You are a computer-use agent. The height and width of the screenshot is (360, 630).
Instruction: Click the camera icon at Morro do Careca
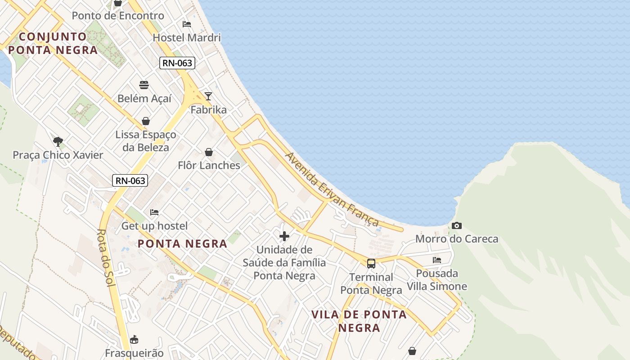[x=456, y=225]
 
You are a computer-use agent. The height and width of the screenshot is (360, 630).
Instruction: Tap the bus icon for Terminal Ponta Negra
[x=371, y=264]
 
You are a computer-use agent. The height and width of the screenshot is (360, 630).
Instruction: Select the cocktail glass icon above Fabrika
[x=208, y=96]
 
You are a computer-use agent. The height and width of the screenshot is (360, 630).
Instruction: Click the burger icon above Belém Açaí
[x=144, y=85]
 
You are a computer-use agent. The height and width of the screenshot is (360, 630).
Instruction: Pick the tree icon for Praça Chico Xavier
[x=58, y=142]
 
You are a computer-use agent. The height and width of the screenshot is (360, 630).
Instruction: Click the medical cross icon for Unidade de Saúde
[x=284, y=236]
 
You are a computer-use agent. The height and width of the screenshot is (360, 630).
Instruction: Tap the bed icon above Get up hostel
[x=154, y=212]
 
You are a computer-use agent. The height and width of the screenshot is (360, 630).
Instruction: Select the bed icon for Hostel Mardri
[x=187, y=24]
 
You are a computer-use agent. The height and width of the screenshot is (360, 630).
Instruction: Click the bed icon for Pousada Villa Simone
[x=436, y=260]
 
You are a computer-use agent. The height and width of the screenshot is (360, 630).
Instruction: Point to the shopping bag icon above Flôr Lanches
[x=209, y=152]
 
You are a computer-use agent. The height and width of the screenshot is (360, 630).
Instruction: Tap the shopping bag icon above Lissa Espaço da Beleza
[x=146, y=121]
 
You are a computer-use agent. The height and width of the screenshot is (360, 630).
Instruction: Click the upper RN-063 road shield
[x=177, y=63]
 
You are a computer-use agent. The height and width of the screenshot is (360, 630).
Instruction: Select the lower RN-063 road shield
[x=130, y=181]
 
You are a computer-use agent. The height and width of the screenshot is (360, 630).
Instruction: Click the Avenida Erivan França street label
[x=332, y=189]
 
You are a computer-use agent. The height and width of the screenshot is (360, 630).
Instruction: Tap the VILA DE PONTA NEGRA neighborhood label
[x=359, y=321]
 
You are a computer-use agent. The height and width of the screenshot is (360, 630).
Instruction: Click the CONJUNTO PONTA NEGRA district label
[x=53, y=43]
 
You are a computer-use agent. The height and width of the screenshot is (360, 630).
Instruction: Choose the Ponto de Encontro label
[x=118, y=16]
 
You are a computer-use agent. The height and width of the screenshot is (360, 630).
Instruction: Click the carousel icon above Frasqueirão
[x=134, y=339]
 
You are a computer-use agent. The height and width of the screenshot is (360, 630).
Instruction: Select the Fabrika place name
[x=208, y=110]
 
